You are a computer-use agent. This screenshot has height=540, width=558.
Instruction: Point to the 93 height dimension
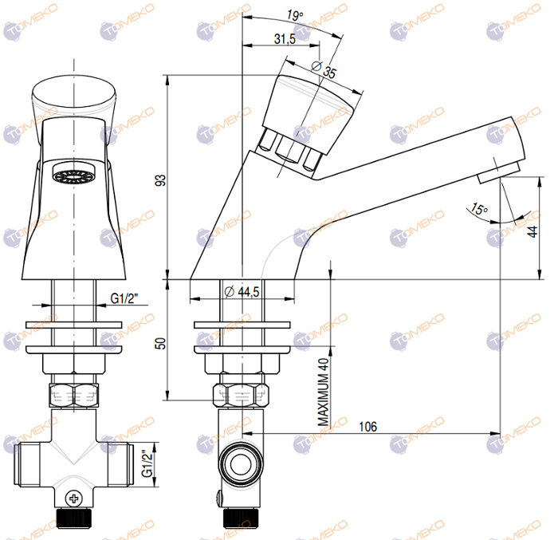pyautogui.click(x=159, y=181)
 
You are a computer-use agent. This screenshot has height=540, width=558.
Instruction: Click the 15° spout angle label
pyautogui.click(x=478, y=210)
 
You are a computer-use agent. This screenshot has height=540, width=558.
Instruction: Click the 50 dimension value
pyautogui.click(x=159, y=343)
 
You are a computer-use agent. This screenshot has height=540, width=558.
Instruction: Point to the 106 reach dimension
pyautogui.click(x=367, y=428)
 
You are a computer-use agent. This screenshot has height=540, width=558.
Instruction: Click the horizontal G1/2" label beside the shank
pyautogui.click(x=124, y=298)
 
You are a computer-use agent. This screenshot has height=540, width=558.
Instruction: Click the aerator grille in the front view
pyautogui.click(x=73, y=175)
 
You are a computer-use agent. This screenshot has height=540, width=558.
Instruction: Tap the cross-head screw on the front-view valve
pyautogui.click(x=75, y=499)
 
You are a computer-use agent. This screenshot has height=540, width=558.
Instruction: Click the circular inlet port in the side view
pyautogui.click(x=240, y=463)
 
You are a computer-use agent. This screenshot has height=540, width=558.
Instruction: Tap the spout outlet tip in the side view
pyautogui.click(x=501, y=168)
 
